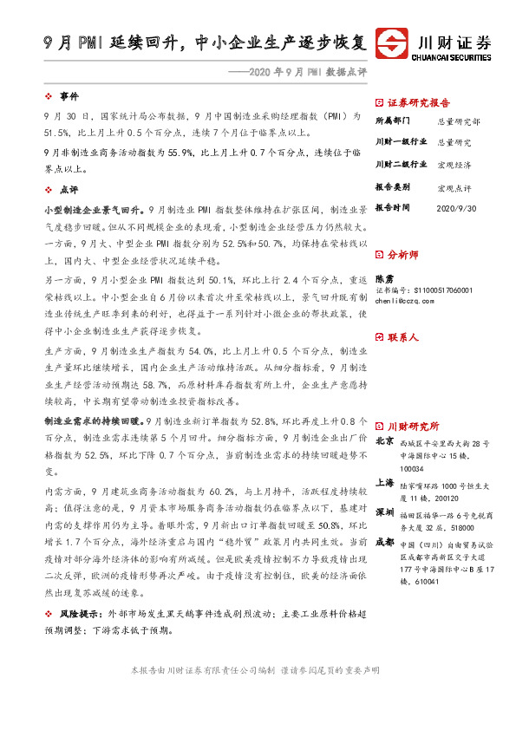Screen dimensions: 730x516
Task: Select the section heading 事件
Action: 69,96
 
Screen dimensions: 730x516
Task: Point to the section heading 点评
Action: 69,189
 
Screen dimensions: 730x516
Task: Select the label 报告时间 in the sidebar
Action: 395,208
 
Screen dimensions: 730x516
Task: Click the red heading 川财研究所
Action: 413,426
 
